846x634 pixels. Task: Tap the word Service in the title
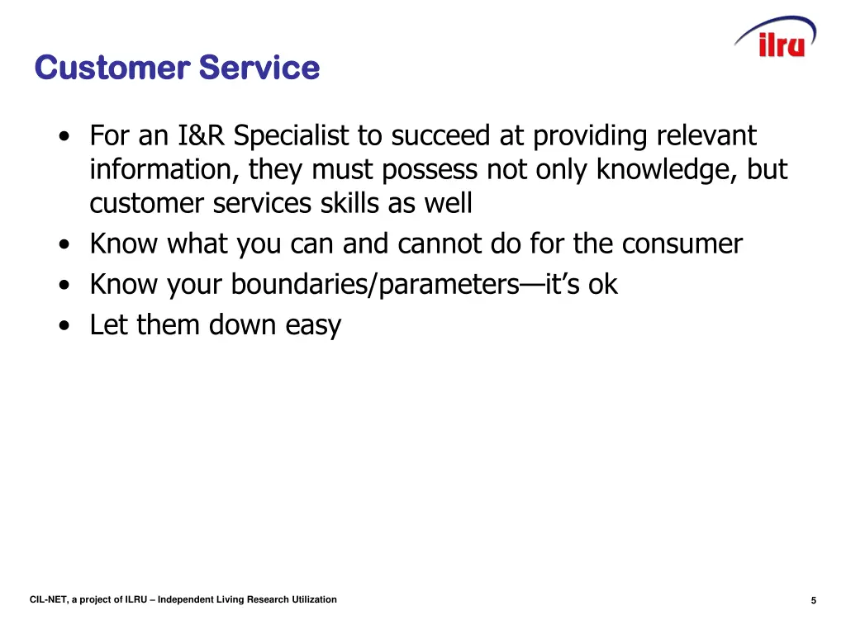tap(259, 68)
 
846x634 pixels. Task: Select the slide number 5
tap(814, 601)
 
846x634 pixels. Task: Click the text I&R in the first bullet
tap(202, 135)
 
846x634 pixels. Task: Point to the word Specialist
tap(292, 135)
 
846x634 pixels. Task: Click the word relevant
tap(706, 135)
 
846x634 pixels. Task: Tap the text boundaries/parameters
tap(374, 284)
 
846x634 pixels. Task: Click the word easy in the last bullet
tap(313, 325)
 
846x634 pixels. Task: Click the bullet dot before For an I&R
tap(64, 137)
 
